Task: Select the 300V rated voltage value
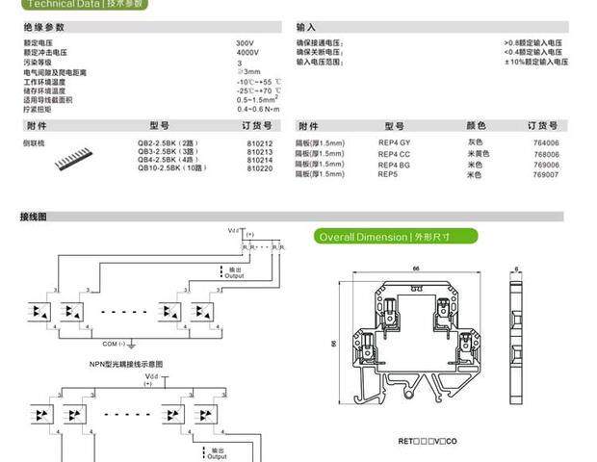[x=245, y=44]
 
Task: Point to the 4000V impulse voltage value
[x=247, y=54]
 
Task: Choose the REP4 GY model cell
[x=394, y=143]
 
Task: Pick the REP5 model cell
[x=388, y=174]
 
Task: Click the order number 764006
[x=546, y=143]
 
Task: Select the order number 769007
[x=546, y=175]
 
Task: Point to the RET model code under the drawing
[x=428, y=441]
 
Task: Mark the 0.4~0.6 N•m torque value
[x=257, y=108]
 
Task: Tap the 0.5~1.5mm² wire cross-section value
[x=257, y=99]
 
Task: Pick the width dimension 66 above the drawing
[x=415, y=269]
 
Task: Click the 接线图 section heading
[x=34, y=218]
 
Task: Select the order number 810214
[x=260, y=160]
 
